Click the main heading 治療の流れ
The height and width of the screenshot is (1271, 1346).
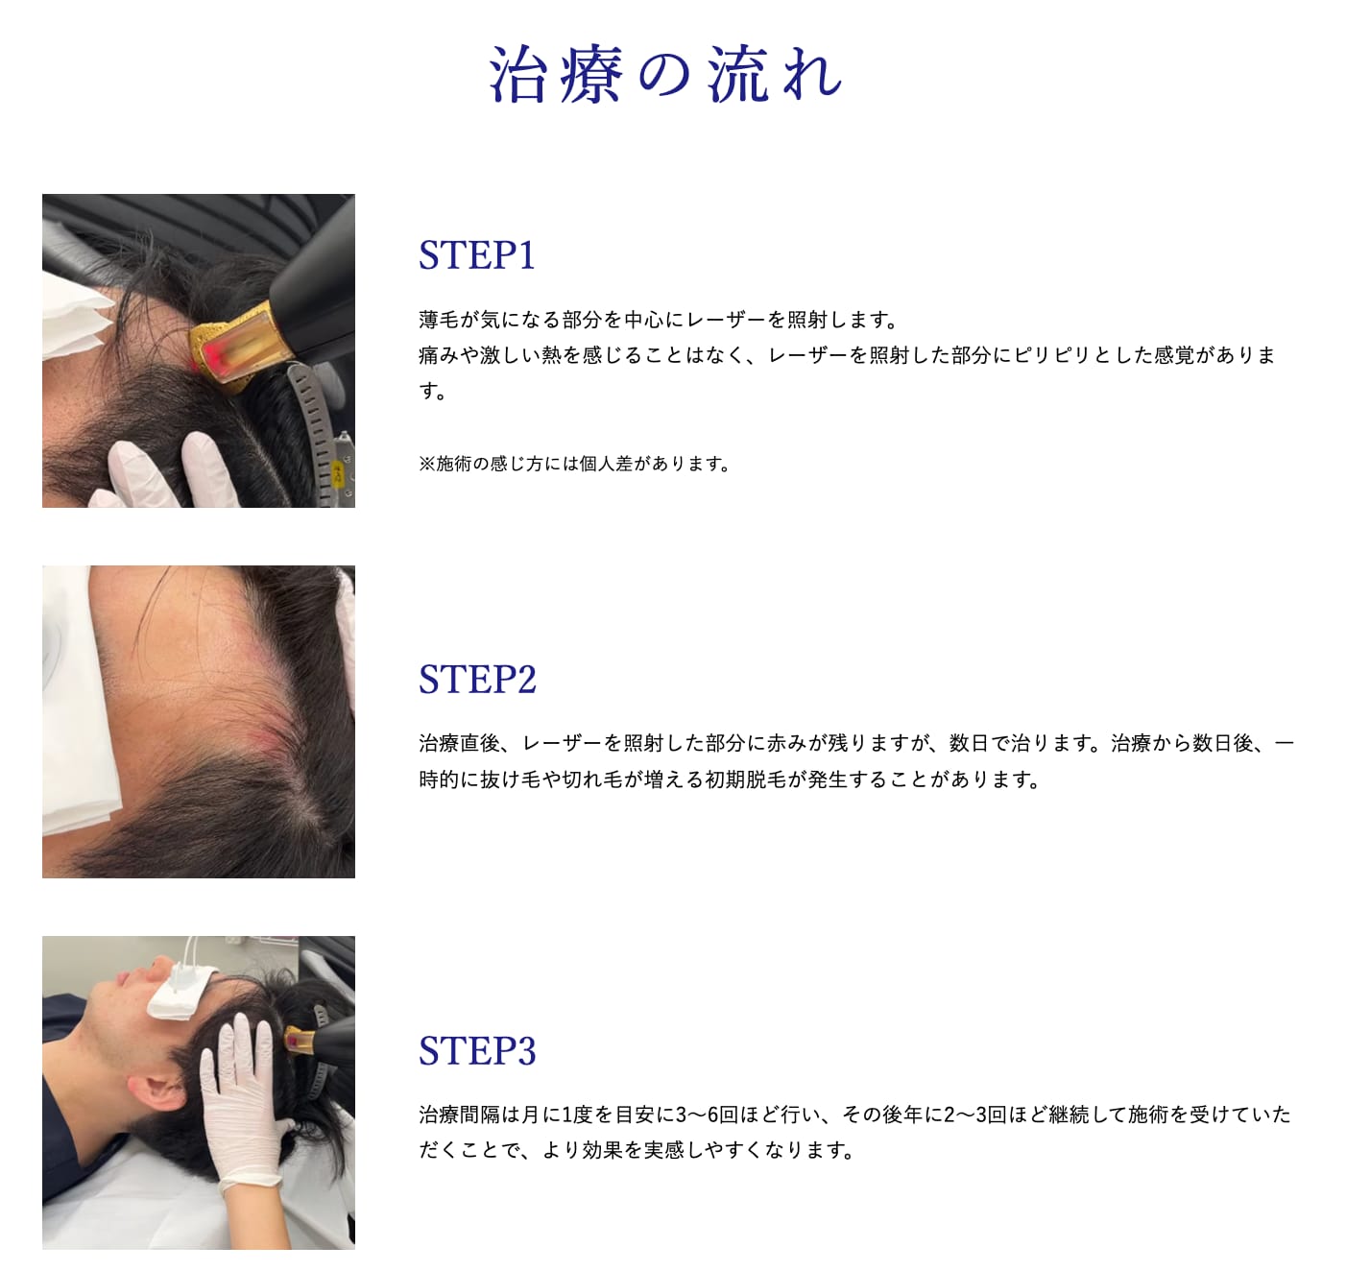point(665,74)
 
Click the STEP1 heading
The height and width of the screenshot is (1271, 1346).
point(477,255)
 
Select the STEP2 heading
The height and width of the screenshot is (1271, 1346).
point(477,680)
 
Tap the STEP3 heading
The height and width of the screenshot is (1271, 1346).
point(477,1051)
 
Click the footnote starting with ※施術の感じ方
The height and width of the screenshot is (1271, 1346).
point(574,464)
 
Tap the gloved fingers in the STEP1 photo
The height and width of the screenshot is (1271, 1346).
point(169,471)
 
